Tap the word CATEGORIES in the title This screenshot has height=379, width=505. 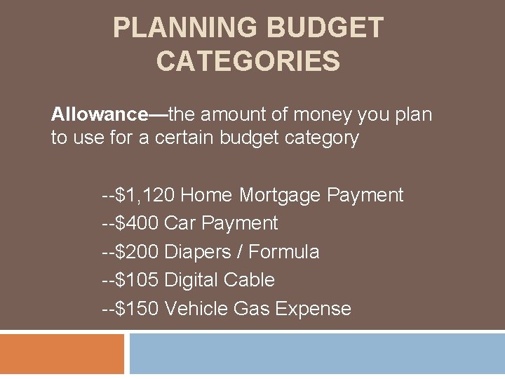click(248, 61)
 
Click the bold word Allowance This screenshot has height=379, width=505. click(97, 114)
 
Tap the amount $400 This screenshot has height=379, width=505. click(137, 223)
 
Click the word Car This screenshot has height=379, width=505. click(180, 223)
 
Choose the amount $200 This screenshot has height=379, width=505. click(137, 252)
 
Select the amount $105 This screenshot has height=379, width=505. click(137, 280)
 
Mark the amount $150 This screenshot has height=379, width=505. click(137, 309)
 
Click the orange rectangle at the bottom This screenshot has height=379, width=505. click(62, 354)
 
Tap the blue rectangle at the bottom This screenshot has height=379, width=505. click(317, 354)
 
